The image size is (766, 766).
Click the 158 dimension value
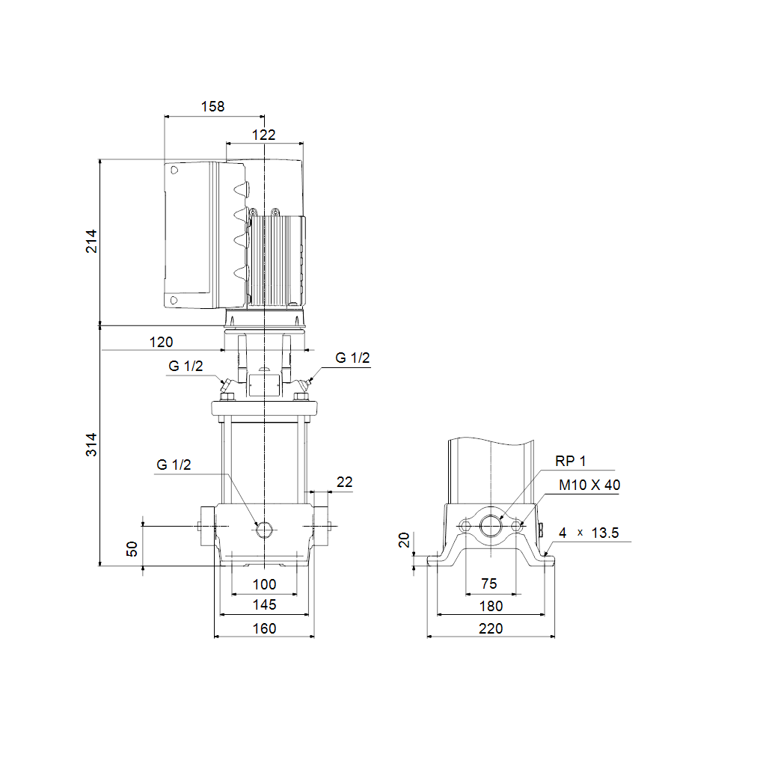click(213, 106)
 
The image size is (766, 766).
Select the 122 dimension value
click(264, 135)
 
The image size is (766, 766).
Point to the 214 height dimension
click(91, 242)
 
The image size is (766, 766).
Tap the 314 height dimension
click(91, 444)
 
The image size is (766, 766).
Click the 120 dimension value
click(162, 342)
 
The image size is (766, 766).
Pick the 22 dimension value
click(344, 482)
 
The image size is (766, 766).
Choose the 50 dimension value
click(132, 549)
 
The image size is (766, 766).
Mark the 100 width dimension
click(264, 584)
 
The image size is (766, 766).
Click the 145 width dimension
click(264, 604)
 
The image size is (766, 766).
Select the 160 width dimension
click(264, 628)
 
